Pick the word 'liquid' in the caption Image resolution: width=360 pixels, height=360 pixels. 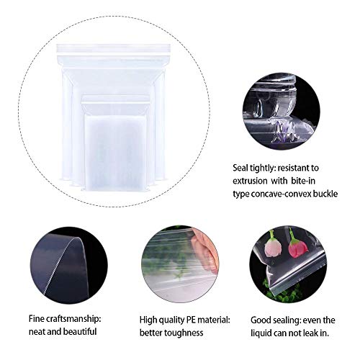click(266, 333)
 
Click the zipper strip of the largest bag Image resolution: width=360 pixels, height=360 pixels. click(113, 48)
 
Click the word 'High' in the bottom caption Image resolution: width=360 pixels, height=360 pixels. click(149, 318)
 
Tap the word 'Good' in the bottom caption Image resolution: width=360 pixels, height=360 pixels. click(260, 318)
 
